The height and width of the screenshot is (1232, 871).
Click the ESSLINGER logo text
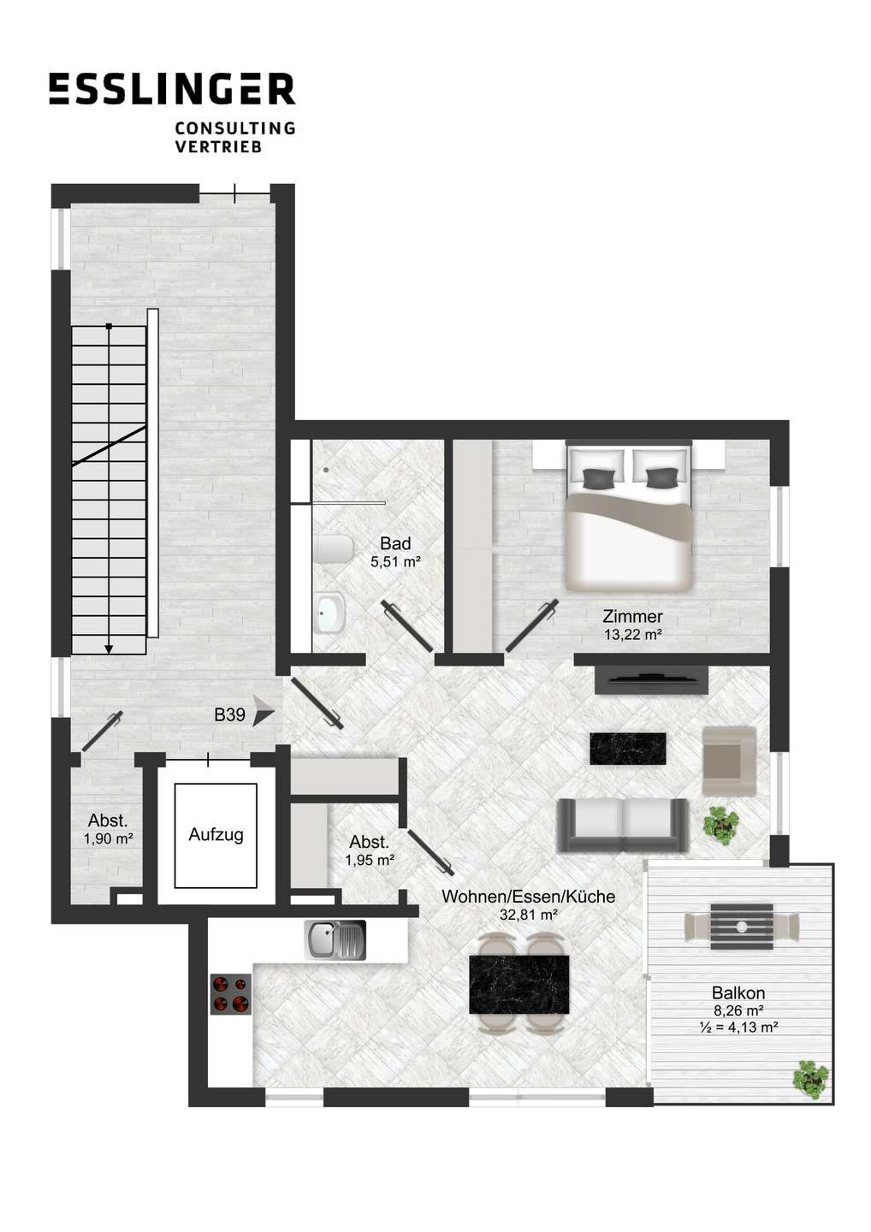[x=172, y=89]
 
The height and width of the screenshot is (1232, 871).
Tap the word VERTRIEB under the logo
[x=217, y=147]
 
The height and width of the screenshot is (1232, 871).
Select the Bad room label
[x=395, y=543]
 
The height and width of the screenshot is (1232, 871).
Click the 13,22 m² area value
[x=632, y=635]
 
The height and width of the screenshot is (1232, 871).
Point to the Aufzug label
[x=216, y=834]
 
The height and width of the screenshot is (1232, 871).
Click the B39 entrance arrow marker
[x=264, y=715]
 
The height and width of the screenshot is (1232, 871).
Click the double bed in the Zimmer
[x=629, y=516]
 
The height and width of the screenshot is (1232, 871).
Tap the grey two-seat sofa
[x=623, y=825]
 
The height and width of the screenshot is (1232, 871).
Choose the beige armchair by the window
[x=729, y=761]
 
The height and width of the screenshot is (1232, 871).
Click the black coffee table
[x=627, y=748]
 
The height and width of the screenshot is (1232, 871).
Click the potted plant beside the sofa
[x=721, y=823]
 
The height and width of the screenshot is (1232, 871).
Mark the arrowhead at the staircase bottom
[x=109, y=649]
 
